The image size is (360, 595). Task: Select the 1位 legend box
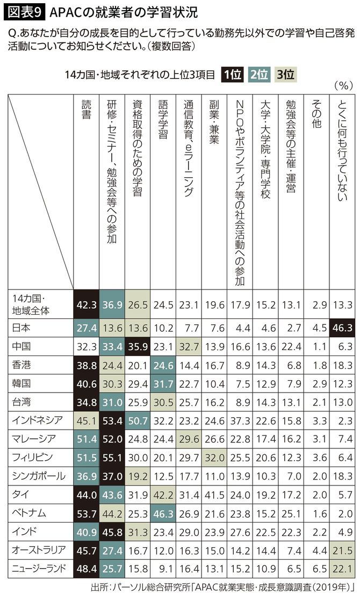[x=232, y=75]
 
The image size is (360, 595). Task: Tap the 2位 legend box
[x=260, y=75]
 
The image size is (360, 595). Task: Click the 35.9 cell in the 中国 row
[x=137, y=346]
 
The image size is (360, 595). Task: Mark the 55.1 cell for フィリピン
[x=112, y=458]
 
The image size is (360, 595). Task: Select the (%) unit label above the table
[x=342, y=85]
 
